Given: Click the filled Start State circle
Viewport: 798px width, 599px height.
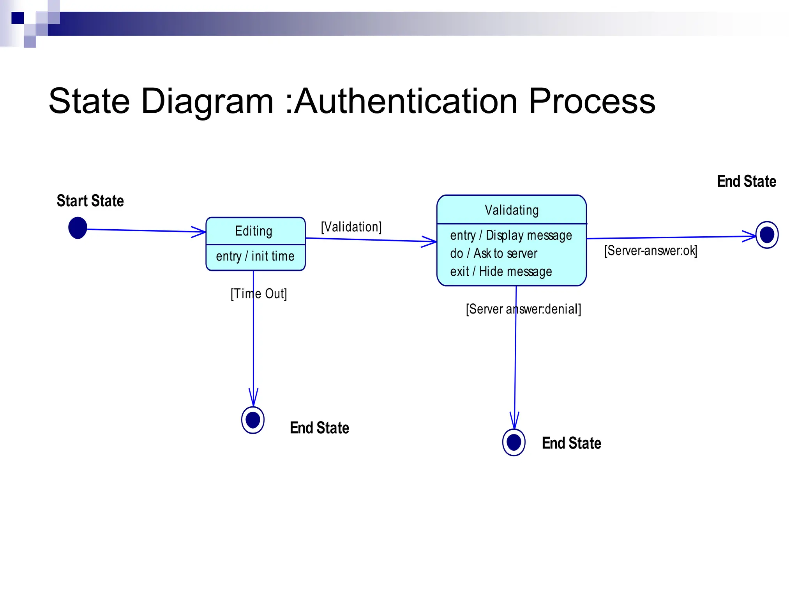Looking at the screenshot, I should [x=78, y=228].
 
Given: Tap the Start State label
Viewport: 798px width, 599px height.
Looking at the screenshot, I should [x=90, y=201].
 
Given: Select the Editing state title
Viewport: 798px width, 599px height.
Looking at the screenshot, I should [x=254, y=231].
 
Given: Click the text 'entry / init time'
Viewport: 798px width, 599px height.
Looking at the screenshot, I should [x=255, y=256].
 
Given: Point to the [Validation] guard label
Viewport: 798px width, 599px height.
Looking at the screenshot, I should [x=351, y=227].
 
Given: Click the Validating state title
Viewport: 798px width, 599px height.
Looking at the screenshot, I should [x=512, y=210].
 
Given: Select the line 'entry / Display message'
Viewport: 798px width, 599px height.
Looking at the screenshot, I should [x=511, y=236].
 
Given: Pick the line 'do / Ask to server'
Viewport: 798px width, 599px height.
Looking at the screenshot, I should [x=494, y=253].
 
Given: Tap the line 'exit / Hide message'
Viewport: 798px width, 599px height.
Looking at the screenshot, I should [x=501, y=271].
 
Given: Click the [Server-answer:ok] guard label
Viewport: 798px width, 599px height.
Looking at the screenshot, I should [x=650, y=250].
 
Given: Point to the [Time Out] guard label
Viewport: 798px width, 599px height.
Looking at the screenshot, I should [x=259, y=294].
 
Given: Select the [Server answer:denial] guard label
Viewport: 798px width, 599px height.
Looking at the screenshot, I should [x=523, y=309].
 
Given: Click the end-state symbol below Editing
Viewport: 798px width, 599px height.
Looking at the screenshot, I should [x=253, y=420].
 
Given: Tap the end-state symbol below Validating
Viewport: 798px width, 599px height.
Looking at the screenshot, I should [x=514, y=442].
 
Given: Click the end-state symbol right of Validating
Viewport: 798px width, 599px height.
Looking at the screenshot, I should [x=767, y=235].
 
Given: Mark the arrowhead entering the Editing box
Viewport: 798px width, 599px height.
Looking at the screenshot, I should [x=199, y=232].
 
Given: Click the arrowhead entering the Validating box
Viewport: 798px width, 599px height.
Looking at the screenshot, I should [x=430, y=241].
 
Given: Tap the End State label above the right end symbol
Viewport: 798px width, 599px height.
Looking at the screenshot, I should [x=746, y=181].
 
